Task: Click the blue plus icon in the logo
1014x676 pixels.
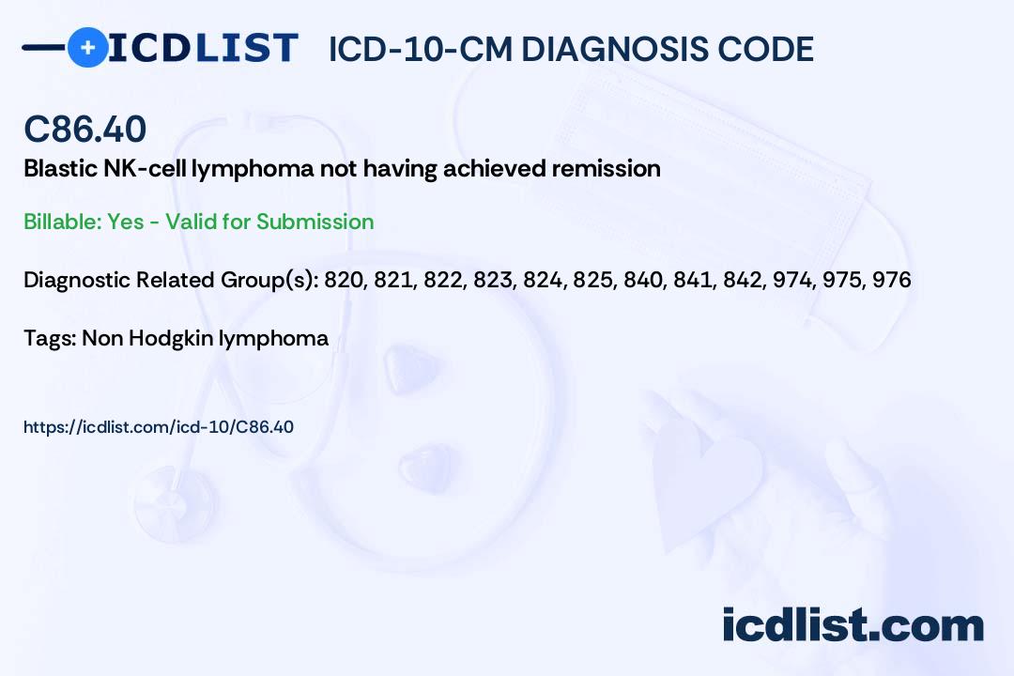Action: (x=87, y=47)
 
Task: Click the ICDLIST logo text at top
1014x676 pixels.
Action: (x=203, y=47)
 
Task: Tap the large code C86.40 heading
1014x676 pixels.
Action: (x=84, y=129)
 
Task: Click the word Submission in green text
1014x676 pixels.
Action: (x=315, y=222)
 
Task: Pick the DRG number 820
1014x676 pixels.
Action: (x=343, y=280)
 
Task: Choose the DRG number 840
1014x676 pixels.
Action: (x=637, y=280)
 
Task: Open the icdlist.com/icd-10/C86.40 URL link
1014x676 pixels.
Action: (x=158, y=427)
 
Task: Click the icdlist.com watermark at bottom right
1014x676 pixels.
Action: (x=853, y=625)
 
